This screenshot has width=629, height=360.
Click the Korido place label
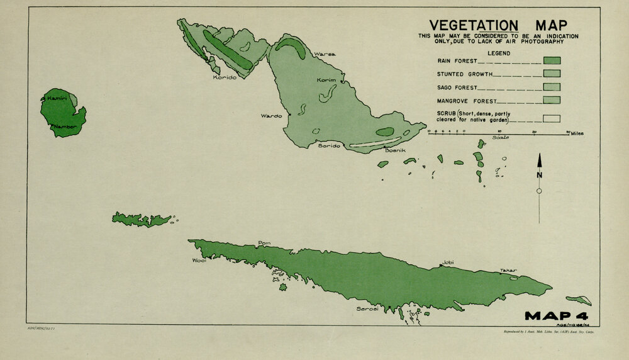click(225, 77)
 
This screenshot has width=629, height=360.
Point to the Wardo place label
click(272, 116)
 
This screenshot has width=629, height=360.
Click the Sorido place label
click(328, 146)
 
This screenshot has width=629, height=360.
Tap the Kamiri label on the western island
click(57, 99)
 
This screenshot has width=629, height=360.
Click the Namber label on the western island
click(65, 127)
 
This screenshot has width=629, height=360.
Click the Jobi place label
click(448, 262)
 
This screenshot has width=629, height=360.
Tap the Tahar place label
click(508, 271)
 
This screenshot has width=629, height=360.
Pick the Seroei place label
click(367, 309)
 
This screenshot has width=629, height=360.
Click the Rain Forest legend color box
click(552, 61)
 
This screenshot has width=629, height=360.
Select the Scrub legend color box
click(552, 118)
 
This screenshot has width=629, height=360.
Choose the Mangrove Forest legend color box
click(552, 99)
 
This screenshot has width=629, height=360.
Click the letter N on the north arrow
click(539, 174)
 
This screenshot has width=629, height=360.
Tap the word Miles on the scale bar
click(577, 134)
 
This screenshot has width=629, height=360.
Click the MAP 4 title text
click(556, 315)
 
